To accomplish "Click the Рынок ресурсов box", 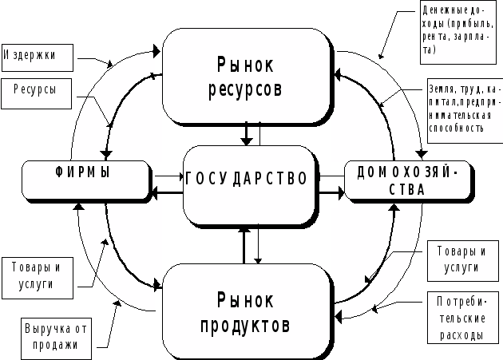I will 247,75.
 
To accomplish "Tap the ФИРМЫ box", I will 85,180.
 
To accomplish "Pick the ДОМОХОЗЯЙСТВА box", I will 407,180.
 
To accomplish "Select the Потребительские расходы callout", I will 455,318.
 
